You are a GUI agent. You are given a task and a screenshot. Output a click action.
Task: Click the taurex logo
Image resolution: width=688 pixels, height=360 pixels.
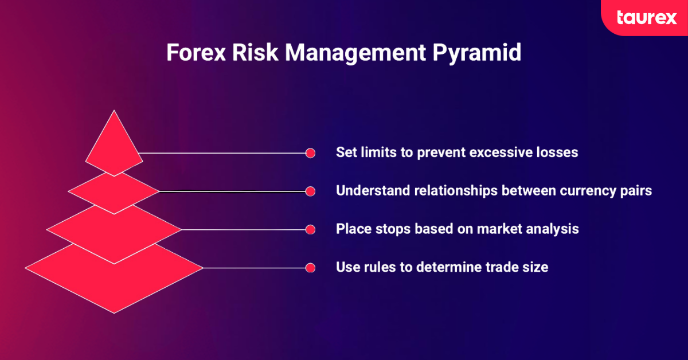(x=646, y=17)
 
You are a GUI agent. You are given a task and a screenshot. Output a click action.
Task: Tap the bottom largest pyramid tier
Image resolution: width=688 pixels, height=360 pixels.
(x=114, y=281)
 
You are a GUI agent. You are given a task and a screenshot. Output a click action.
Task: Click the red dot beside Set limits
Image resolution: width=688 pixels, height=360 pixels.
(x=310, y=153)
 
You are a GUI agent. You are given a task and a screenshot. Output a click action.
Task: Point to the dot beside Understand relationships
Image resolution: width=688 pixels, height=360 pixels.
(x=310, y=191)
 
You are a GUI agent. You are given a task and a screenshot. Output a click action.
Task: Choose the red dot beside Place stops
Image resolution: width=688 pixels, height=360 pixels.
(x=310, y=229)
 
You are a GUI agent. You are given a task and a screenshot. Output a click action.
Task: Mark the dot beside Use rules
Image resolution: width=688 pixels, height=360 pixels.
(x=310, y=267)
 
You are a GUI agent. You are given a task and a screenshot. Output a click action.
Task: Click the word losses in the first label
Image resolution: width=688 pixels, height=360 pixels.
(x=556, y=153)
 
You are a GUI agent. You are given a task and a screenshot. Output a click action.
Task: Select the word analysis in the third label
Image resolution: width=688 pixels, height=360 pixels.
(x=554, y=229)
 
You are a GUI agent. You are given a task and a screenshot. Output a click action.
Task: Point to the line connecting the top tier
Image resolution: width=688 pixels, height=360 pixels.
(x=224, y=153)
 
